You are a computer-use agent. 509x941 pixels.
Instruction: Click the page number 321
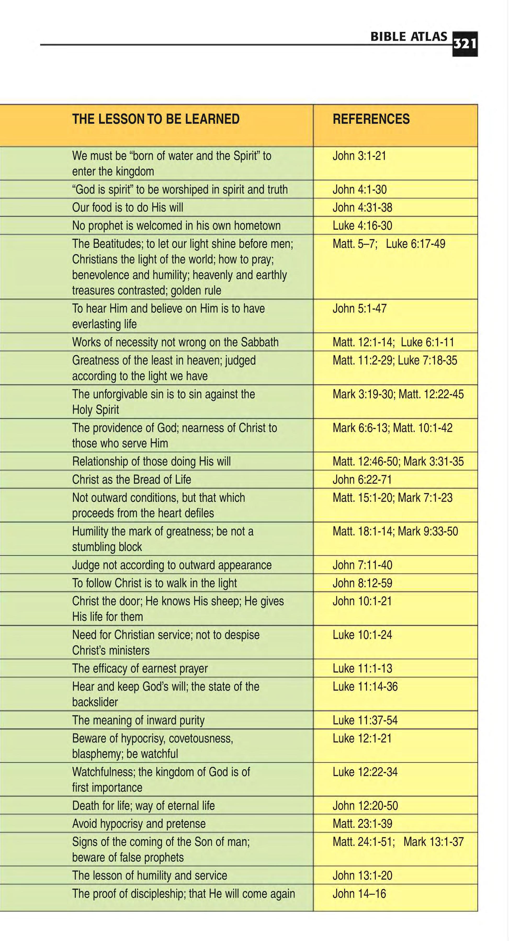click(x=465, y=44)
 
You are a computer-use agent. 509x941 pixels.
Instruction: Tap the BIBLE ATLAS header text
click(x=409, y=37)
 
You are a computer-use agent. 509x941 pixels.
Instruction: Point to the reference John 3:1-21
click(x=359, y=156)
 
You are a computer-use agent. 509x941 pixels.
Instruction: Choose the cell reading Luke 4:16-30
click(x=362, y=225)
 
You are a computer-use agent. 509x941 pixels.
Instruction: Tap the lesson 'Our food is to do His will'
click(x=128, y=208)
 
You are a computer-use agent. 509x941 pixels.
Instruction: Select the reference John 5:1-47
click(x=359, y=309)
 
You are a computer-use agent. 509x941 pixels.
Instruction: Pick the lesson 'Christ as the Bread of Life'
click(x=132, y=480)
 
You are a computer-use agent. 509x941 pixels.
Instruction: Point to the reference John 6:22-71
click(x=362, y=480)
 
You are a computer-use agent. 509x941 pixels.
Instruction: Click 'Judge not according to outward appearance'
click(x=172, y=565)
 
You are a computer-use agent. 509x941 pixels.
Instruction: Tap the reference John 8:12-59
click(x=362, y=583)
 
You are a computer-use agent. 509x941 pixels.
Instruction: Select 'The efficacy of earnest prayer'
click(x=140, y=669)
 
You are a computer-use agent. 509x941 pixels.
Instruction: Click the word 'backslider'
click(x=95, y=702)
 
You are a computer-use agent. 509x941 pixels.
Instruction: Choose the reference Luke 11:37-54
click(x=365, y=720)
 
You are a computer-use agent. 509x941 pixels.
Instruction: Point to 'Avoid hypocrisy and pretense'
click(x=139, y=824)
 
